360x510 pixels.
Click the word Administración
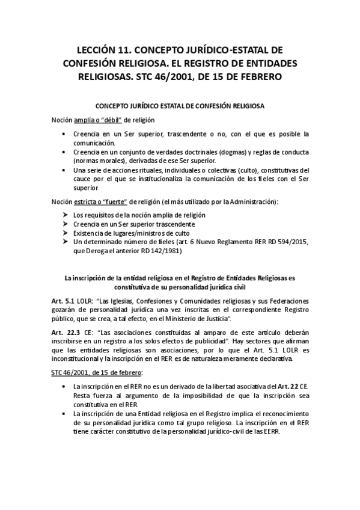255,200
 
